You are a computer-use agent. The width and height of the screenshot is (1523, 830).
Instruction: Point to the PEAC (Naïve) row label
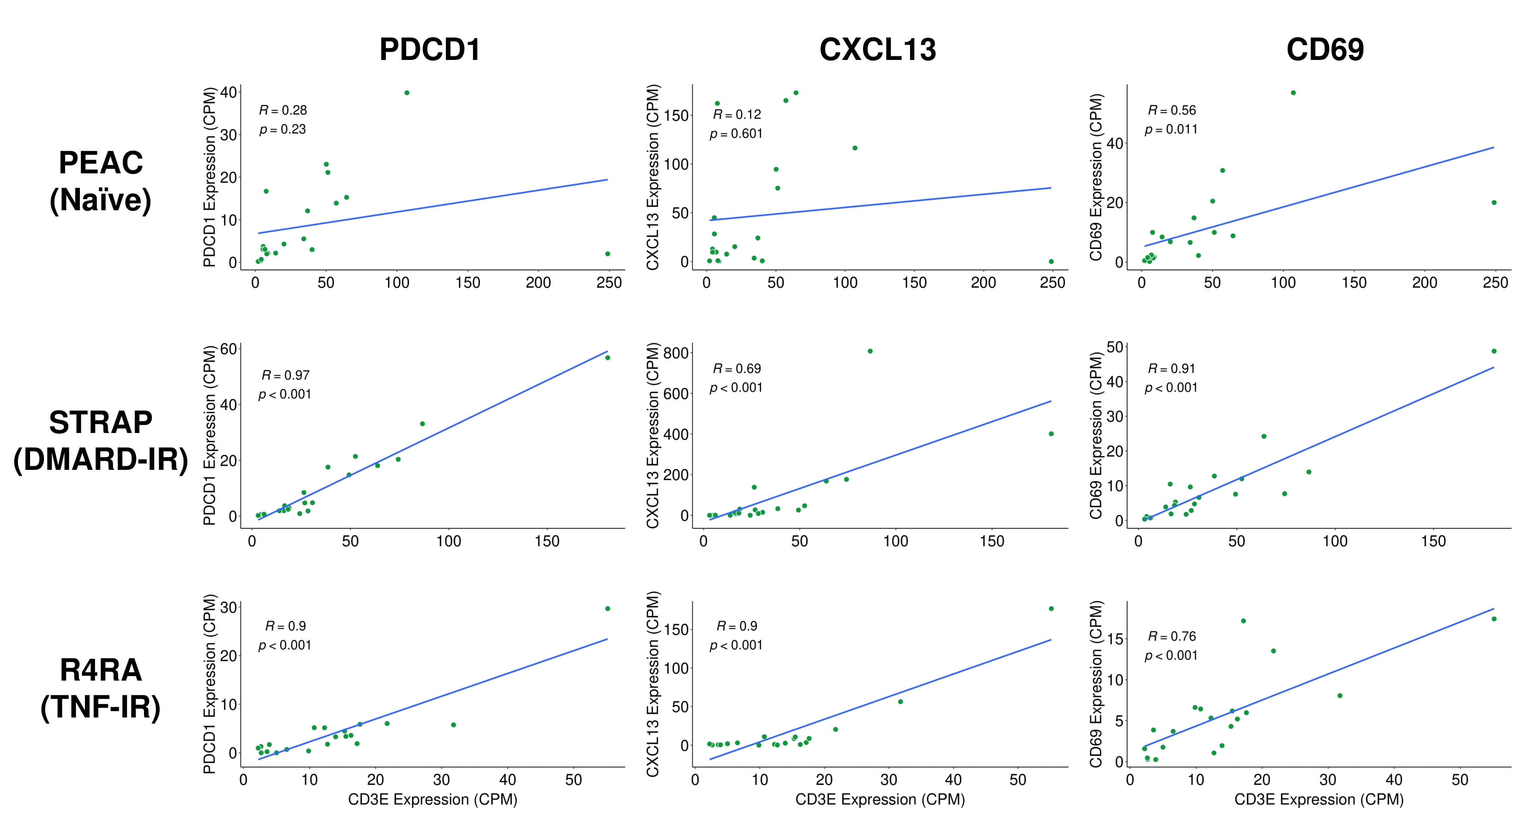click(x=101, y=181)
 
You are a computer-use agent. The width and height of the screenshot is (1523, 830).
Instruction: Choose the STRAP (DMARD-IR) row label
click(x=101, y=441)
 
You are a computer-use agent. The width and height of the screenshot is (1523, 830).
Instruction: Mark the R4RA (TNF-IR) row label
click(x=101, y=688)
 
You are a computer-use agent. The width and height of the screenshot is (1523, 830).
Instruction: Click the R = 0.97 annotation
click(x=286, y=375)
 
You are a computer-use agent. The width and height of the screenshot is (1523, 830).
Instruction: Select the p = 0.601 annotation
click(x=736, y=134)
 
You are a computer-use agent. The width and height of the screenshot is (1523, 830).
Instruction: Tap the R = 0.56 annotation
click(x=1171, y=111)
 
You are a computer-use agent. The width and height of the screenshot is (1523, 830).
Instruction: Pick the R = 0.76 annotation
click(x=1171, y=636)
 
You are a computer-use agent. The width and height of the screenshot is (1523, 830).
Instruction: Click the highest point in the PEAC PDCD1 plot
click(x=407, y=93)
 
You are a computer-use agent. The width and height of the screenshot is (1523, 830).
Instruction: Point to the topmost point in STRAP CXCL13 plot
click(x=869, y=351)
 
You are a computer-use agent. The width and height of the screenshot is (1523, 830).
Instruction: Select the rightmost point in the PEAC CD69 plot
click(x=1493, y=202)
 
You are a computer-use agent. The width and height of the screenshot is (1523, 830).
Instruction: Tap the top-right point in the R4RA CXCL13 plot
click(x=1050, y=609)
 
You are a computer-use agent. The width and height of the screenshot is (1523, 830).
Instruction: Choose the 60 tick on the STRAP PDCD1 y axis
click(x=229, y=349)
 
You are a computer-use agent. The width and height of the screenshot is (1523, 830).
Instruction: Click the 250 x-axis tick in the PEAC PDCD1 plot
click(x=609, y=283)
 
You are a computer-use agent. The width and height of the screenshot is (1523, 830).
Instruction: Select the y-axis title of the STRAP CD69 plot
click(x=1096, y=435)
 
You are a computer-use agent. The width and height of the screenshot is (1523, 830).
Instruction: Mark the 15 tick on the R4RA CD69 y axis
click(x=1115, y=639)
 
